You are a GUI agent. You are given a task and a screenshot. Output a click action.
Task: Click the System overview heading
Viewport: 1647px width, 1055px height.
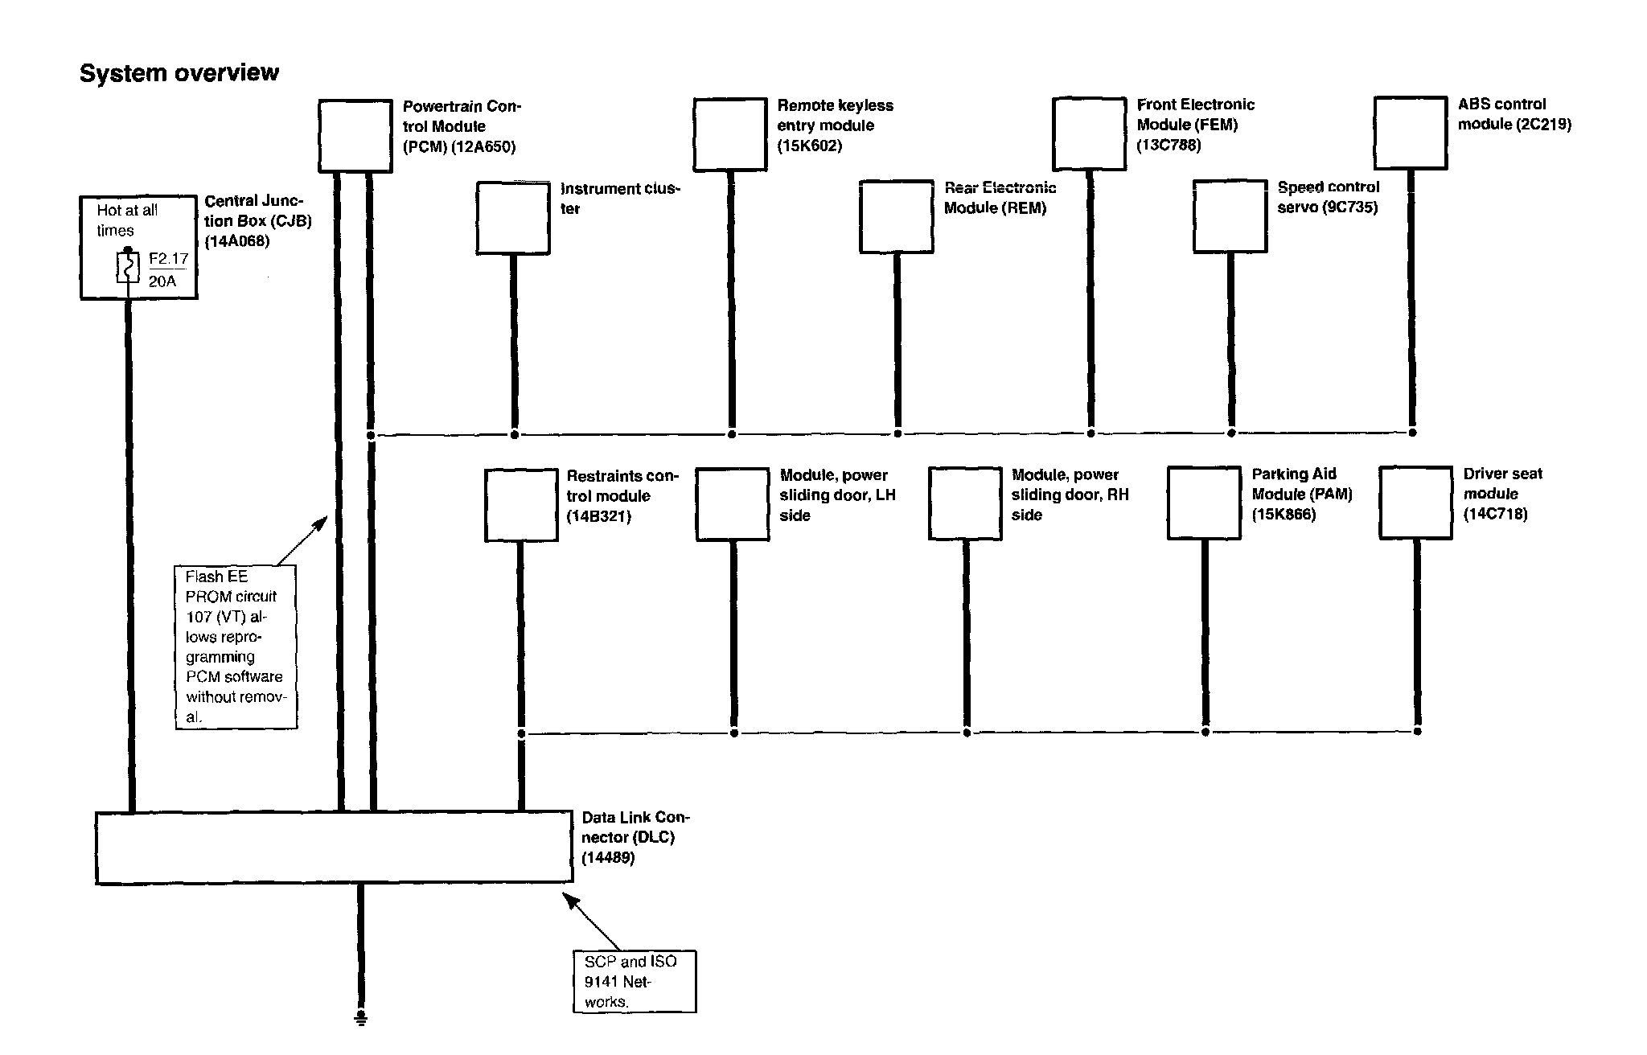point(179,73)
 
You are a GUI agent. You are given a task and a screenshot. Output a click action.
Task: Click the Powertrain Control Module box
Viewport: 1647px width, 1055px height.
point(355,135)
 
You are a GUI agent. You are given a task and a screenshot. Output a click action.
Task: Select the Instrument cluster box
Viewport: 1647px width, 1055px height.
point(513,218)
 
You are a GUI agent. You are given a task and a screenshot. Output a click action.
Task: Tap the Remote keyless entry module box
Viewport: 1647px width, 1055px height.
point(729,134)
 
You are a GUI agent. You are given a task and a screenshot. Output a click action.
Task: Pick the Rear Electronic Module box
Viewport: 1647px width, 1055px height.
point(896,217)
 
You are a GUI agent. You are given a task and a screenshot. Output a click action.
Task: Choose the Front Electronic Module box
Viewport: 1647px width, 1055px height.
point(1089,133)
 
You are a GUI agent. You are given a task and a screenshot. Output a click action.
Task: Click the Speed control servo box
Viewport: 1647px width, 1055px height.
point(1230,216)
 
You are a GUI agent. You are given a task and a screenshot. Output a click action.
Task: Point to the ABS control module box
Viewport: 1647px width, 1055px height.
point(1411,133)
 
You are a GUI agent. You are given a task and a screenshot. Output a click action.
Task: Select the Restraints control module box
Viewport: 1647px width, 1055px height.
point(521,505)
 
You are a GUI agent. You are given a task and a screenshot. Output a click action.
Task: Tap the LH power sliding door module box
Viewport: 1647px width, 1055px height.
point(732,504)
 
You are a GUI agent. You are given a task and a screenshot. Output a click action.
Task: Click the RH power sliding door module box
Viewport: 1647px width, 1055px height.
point(965,503)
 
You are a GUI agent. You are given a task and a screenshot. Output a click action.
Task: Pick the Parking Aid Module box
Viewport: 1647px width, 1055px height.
point(1203,503)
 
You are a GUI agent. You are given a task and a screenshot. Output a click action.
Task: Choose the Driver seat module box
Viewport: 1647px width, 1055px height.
point(1415,503)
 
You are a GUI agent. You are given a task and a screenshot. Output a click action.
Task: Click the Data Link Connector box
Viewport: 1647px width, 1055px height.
point(334,848)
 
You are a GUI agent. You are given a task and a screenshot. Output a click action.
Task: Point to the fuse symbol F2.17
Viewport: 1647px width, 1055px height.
point(129,268)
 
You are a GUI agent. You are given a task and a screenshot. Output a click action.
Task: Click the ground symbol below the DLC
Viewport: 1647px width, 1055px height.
point(361,1019)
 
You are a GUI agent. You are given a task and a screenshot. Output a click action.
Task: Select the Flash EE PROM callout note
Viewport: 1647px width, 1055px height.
point(236,647)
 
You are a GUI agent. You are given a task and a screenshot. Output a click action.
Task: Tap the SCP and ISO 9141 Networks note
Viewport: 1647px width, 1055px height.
point(634,981)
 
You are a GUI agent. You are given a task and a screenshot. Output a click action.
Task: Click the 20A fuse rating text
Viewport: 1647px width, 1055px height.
point(162,281)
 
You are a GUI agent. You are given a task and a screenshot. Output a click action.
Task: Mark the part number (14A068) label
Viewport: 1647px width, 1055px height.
point(237,240)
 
